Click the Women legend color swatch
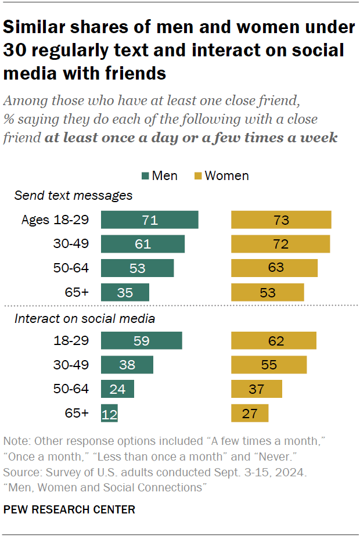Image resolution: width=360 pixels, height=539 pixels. (x=197, y=176)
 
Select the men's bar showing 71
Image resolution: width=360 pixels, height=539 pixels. (x=150, y=220)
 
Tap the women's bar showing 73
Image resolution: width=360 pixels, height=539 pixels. (x=282, y=220)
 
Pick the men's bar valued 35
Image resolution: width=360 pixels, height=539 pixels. (x=125, y=292)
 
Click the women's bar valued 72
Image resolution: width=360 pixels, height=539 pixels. (x=281, y=244)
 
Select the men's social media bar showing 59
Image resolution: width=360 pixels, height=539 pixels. (x=142, y=341)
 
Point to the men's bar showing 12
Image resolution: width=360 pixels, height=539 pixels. (x=109, y=413)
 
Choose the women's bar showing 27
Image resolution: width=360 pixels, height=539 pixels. (x=250, y=413)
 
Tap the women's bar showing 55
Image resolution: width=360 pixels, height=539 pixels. (x=269, y=365)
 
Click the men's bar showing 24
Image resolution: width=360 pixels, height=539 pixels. (x=117, y=389)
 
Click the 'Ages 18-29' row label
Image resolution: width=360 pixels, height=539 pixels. (x=55, y=220)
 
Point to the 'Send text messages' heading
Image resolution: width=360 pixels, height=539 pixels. (x=73, y=195)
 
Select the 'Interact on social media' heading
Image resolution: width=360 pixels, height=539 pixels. (x=85, y=318)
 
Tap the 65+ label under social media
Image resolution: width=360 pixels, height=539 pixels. (x=77, y=413)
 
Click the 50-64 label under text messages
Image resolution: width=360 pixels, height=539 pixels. (x=71, y=268)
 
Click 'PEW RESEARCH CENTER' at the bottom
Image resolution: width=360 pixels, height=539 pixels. (x=69, y=510)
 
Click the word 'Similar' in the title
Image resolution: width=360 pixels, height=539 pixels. (x=37, y=27)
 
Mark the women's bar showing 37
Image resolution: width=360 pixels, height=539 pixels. (x=257, y=389)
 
